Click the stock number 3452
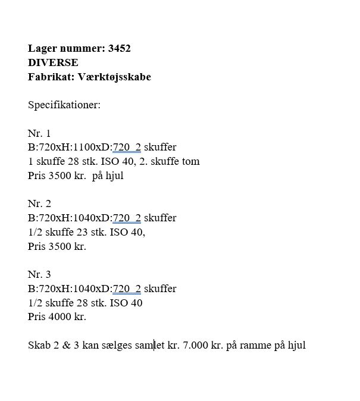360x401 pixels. [120, 49]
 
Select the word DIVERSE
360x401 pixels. [53, 62]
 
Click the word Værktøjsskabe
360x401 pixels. [114, 77]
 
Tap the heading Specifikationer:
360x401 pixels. [64, 105]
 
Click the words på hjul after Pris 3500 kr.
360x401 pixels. [108, 176]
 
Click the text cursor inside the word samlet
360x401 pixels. [154, 345]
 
